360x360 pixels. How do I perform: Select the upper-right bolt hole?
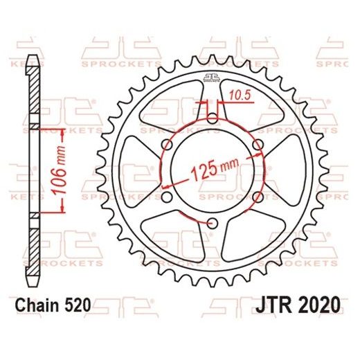(257, 145)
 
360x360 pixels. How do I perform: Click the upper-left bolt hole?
(166, 145)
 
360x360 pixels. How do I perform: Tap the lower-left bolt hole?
(166, 197)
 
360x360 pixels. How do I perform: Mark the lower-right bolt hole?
(257, 197)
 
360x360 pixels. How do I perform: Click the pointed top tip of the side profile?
(31, 55)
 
